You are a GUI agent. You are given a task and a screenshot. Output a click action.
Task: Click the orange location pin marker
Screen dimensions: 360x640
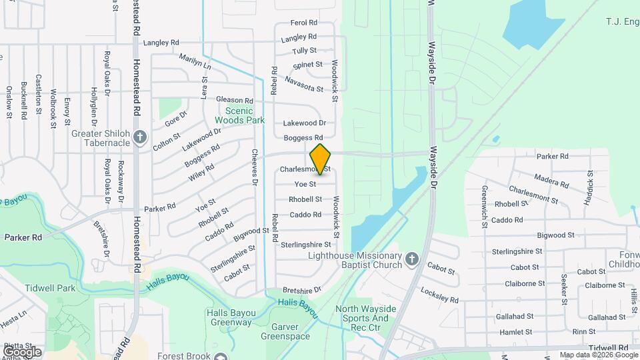(321, 159)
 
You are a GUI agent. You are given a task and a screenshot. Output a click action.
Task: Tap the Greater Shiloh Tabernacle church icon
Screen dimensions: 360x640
(139, 137)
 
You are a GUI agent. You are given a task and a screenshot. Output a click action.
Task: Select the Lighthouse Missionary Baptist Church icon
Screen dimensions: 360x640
(412, 258)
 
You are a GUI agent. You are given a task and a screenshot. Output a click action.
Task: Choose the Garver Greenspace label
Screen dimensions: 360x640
(291, 331)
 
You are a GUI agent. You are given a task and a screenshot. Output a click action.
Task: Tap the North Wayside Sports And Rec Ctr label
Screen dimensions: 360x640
(365, 313)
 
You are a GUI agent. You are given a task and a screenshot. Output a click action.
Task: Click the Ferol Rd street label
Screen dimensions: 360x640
(304, 23)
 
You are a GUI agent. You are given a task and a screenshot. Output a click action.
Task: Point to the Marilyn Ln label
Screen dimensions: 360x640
(195, 62)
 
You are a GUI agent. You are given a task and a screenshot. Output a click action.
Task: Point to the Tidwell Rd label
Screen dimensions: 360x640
(608, 348)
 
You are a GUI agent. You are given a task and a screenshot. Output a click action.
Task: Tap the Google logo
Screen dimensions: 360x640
(22, 351)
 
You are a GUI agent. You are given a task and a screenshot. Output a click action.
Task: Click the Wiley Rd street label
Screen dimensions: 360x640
(201, 172)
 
